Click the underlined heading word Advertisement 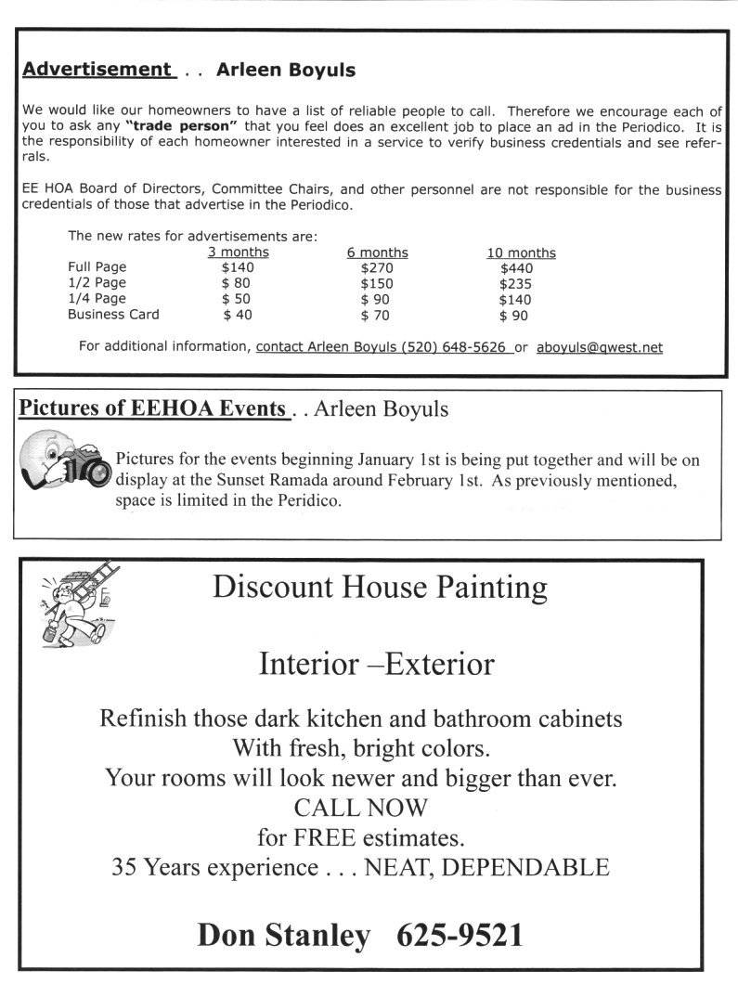click(97, 70)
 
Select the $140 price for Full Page click(238, 267)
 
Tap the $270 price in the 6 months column click(377, 267)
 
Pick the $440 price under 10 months click(516, 267)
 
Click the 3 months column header click(238, 252)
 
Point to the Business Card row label click(113, 315)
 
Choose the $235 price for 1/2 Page click(516, 283)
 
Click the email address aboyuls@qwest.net click(600, 347)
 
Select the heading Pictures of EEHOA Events click(152, 409)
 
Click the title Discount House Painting click(380, 588)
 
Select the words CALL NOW click(361, 807)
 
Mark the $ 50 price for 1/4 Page click(238, 299)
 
